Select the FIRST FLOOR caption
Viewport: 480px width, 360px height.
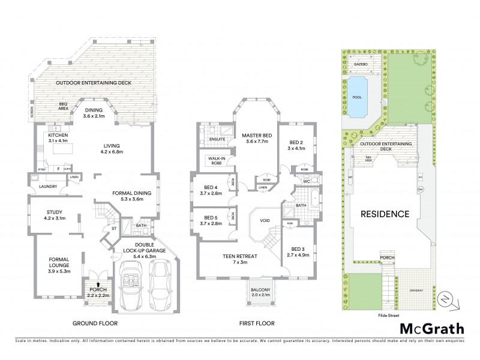click(257, 323)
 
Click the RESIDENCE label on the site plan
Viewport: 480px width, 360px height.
click(385, 214)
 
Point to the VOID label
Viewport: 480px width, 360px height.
click(265, 220)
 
